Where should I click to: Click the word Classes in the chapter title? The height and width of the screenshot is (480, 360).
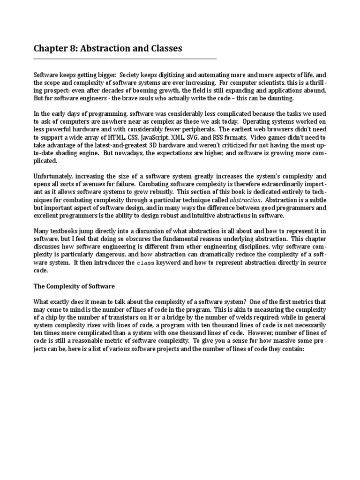point(164,49)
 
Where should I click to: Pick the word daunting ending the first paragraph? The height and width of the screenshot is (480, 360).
point(280,98)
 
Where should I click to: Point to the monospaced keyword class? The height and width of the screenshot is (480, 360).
point(144,263)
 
